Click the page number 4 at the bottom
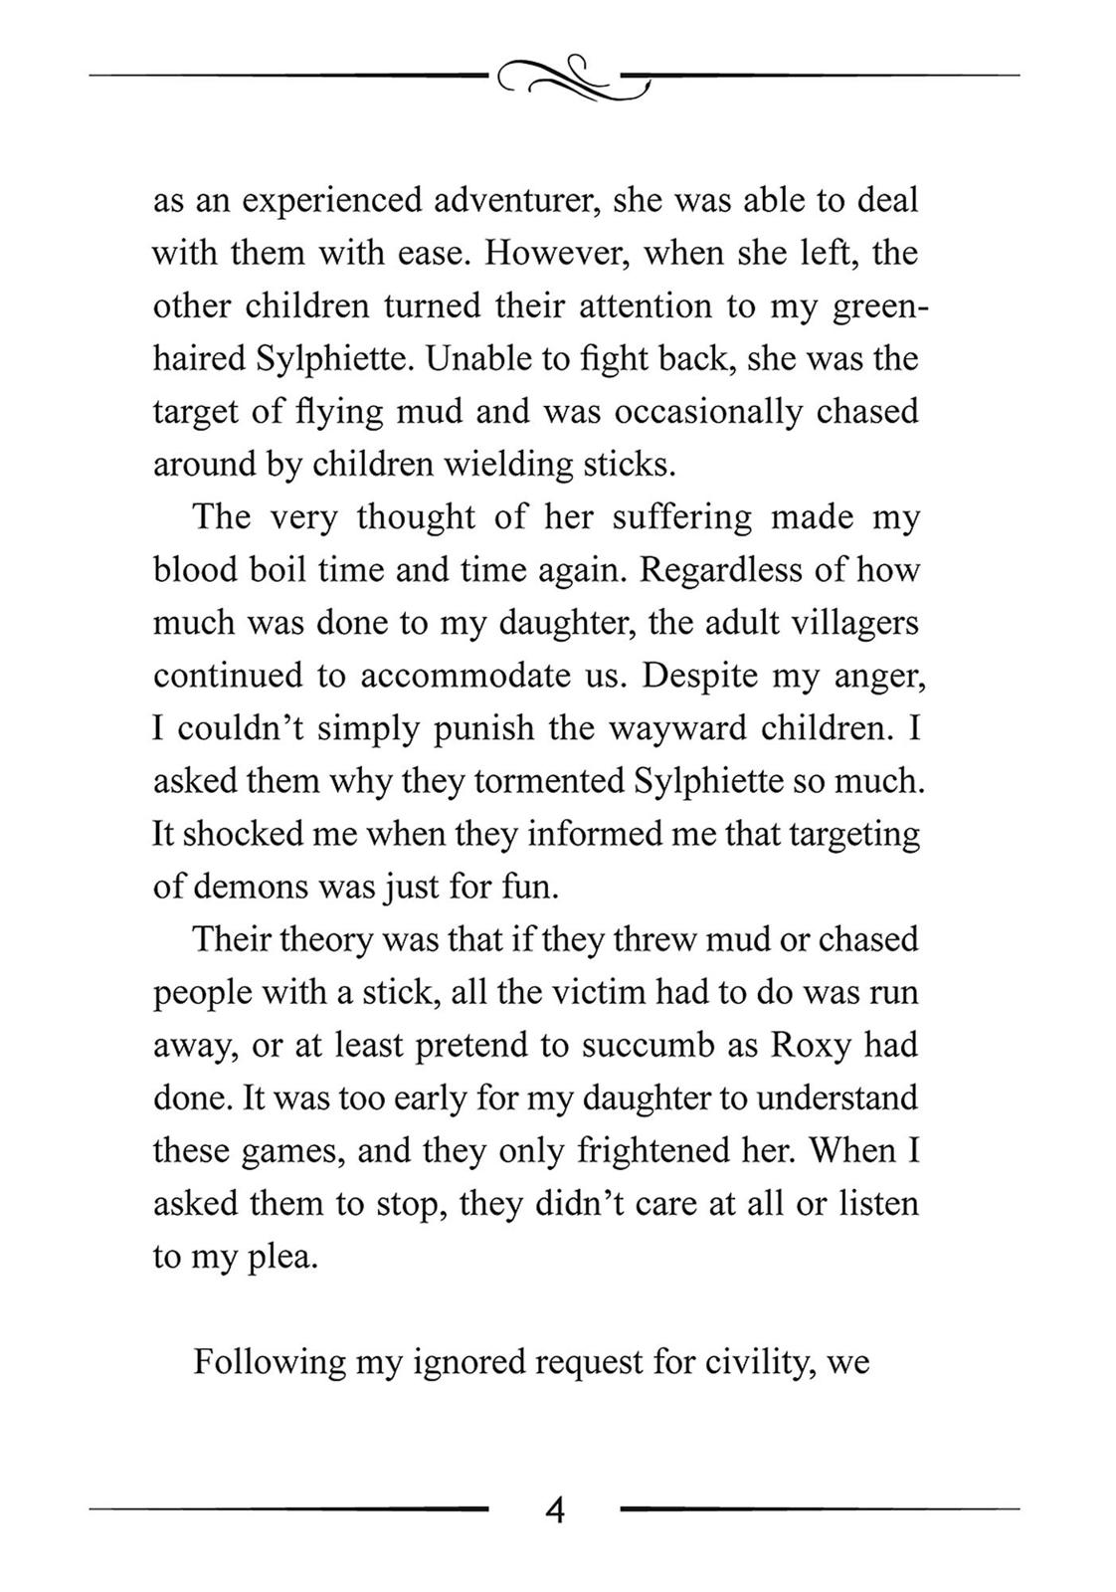point(555,1510)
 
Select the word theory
point(324,938)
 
